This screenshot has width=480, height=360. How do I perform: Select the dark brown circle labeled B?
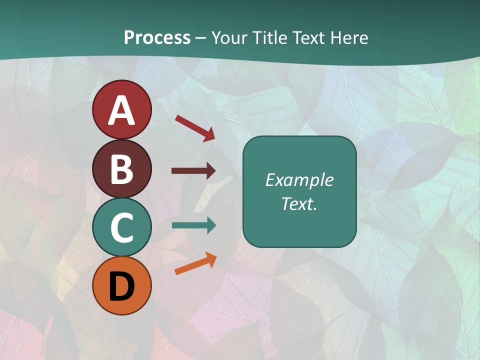[121, 168]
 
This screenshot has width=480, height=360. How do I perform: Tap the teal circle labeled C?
[121, 227]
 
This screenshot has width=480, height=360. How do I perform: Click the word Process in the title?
[157, 37]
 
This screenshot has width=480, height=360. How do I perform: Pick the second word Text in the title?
[309, 37]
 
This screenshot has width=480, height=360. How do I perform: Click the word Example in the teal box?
[299, 180]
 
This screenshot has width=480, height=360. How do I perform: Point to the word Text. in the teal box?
[299, 203]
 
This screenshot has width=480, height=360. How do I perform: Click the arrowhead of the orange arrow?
[211, 258]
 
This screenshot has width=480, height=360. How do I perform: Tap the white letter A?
[121, 110]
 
